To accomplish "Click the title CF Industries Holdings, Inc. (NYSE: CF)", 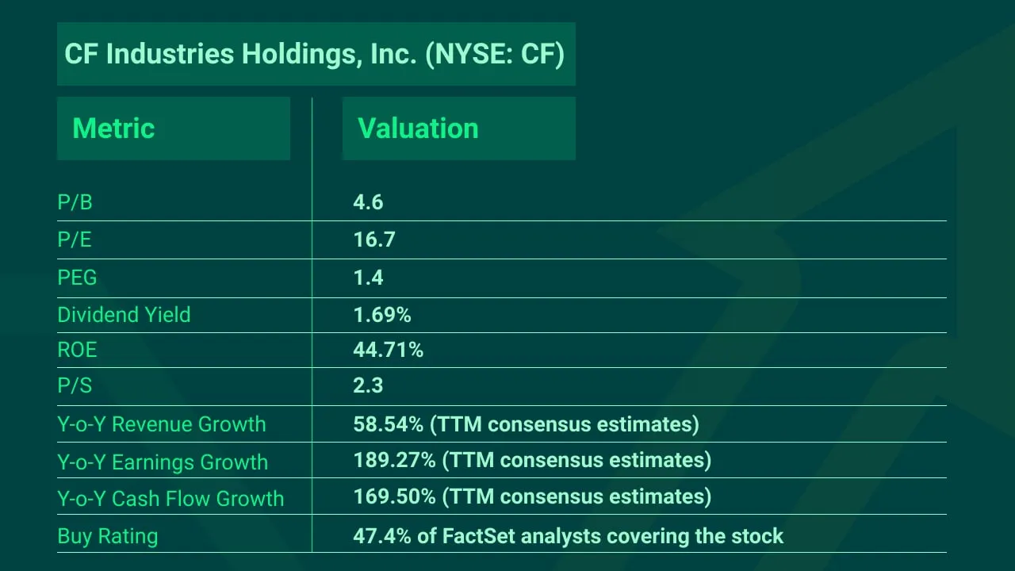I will coord(315,55).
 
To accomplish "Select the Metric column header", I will coord(113,128).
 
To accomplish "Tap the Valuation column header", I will coord(418,128).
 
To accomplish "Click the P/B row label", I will coord(75,203).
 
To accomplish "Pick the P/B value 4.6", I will coord(368,203).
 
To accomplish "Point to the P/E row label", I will coord(75,240).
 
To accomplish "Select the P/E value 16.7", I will coord(373,240).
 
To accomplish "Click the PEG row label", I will coord(77,278).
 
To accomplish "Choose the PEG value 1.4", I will coord(368,278).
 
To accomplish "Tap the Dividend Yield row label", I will coord(124,315).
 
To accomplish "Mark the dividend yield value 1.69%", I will coord(381,315).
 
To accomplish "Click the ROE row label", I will coord(77,350).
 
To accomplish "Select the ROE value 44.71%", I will coord(388,350).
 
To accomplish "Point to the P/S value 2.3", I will coord(368,386).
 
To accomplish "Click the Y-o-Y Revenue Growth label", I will coord(161,424).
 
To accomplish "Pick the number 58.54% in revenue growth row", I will coord(388,424).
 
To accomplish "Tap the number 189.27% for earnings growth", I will coord(394,461).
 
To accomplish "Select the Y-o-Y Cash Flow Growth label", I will coord(170,499).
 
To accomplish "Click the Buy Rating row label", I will coord(107,536).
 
